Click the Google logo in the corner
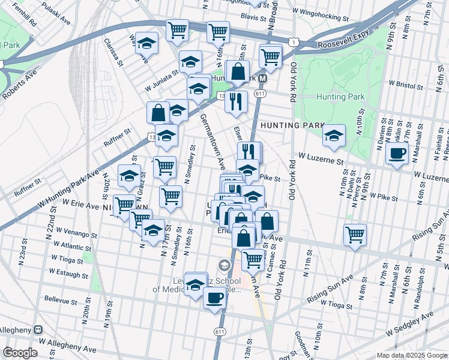click(20, 353)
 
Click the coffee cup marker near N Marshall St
click(396, 154)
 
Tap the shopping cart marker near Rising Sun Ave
click(355, 234)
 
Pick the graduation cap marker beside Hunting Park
click(334, 136)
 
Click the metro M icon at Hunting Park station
click(271, 77)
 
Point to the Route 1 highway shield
click(292, 41)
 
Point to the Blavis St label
click(253, 18)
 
